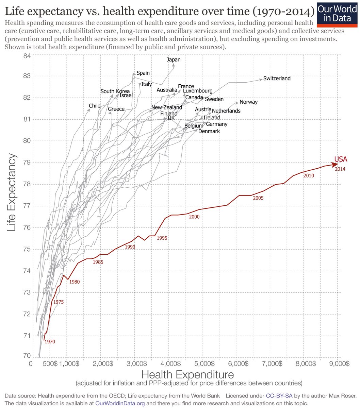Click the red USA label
point(341,159)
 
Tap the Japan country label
point(174,60)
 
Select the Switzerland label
point(277,79)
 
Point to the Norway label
point(248,102)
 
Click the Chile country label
point(95,106)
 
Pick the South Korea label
point(115,91)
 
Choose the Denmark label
point(209,131)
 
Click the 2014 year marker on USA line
point(340,169)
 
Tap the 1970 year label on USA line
point(49,341)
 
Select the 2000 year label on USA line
point(194,217)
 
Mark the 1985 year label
point(98,262)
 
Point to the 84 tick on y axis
point(26,56)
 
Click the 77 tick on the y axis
point(26,206)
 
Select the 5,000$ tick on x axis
point(203,363)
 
